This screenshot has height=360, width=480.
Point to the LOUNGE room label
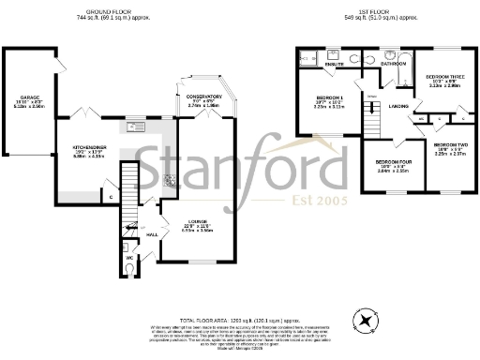point(192,223)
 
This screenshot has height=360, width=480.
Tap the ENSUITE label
point(335,64)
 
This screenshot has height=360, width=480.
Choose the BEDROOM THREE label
point(444,77)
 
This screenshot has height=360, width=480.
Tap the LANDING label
point(397,106)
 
